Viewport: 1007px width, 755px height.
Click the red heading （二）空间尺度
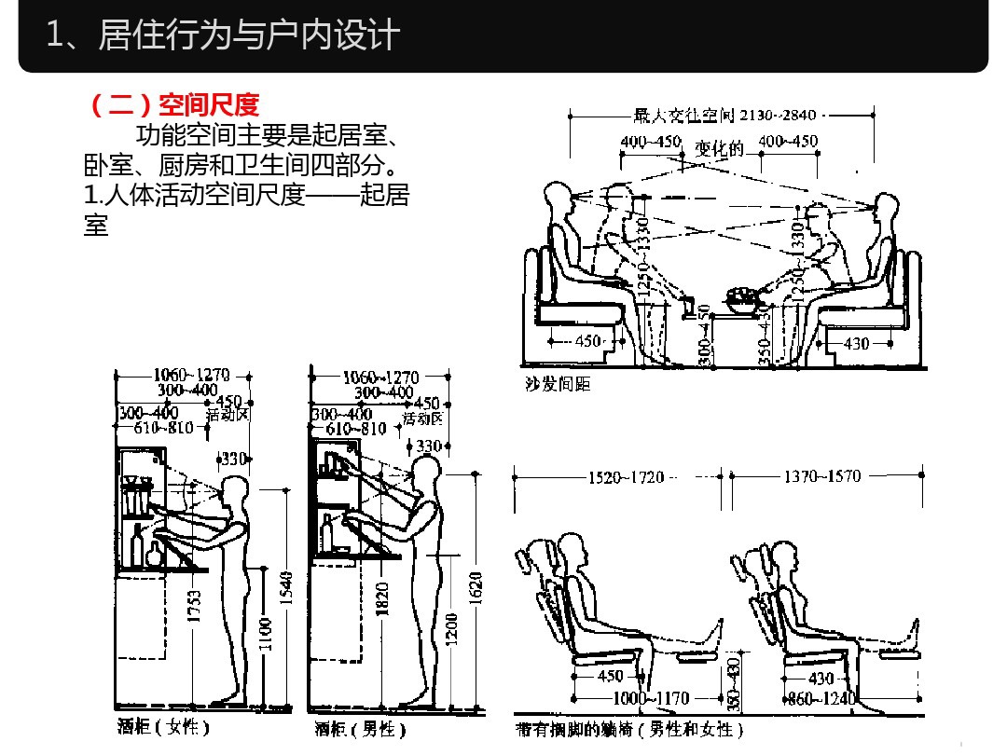tap(173, 103)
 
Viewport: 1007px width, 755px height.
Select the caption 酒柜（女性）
tap(163, 727)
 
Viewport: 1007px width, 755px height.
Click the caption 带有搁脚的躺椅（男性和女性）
tap(630, 728)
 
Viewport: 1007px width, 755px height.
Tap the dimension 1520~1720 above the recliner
tap(626, 477)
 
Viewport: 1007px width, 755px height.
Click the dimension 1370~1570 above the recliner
tap(821, 477)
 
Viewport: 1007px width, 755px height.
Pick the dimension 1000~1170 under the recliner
tap(651, 698)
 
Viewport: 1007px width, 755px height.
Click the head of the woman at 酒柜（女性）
tap(234, 491)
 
